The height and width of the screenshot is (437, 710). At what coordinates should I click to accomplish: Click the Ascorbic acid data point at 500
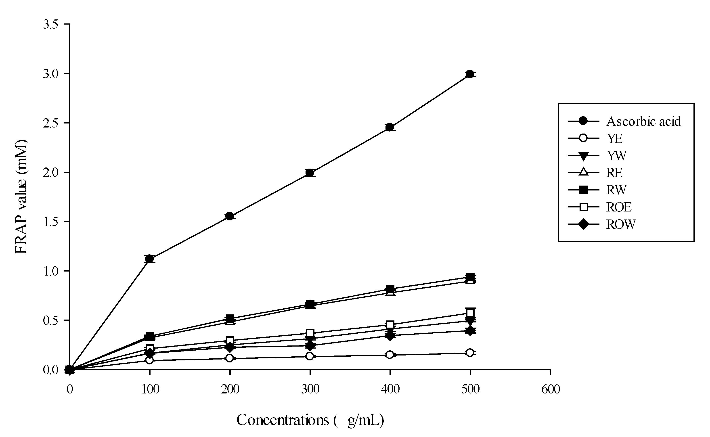(x=470, y=74)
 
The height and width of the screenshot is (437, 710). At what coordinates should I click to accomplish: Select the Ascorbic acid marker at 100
(x=149, y=259)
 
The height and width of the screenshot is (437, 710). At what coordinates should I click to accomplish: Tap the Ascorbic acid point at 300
(x=310, y=173)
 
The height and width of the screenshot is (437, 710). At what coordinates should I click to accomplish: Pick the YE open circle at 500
(x=470, y=353)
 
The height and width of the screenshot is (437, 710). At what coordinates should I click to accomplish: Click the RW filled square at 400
(x=390, y=289)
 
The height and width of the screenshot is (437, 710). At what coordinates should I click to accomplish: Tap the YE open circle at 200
(x=230, y=358)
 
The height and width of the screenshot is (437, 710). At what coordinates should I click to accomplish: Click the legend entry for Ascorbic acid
(x=643, y=121)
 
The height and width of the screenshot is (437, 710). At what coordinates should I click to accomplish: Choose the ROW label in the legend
(x=621, y=224)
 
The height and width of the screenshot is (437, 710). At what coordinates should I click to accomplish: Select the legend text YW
(x=617, y=156)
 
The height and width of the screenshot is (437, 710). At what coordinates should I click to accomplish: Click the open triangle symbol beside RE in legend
(x=583, y=173)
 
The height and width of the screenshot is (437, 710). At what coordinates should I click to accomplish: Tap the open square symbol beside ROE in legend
(x=583, y=207)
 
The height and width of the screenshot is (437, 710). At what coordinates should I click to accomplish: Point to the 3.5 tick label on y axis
(x=51, y=24)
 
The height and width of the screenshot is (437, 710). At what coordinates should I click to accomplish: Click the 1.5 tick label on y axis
(x=51, y=222)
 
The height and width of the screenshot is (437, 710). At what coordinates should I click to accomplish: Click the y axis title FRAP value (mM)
(x=21, y=197)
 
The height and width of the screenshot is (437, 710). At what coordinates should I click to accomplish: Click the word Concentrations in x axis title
(x=283, y=420)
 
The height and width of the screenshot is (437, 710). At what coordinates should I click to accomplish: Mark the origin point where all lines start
(x=70, y=369)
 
